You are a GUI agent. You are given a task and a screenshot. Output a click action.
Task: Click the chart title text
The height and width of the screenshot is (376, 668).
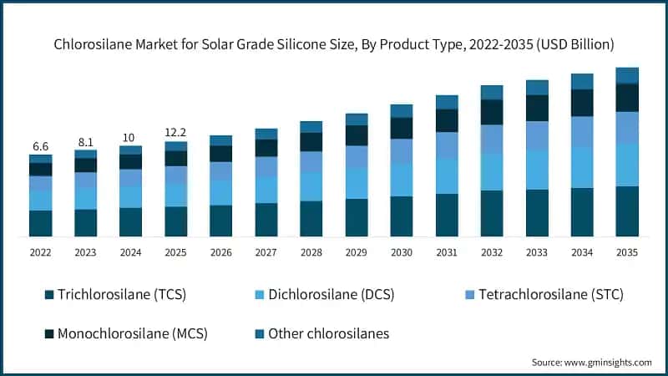(x=334, y=43)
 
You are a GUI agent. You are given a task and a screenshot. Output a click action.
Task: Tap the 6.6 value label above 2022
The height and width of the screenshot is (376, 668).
(x=40, y=146)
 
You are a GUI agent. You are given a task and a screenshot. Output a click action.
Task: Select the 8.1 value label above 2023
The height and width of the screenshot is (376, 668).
(x=85, y=142)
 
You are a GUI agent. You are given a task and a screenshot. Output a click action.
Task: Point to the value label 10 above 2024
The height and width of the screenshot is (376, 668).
(x=130, y=138)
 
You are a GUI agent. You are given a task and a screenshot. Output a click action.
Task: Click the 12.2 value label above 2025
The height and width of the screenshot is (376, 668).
(x=175, y=133)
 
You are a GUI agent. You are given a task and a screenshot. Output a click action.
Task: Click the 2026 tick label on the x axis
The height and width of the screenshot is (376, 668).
(x=220, y=252)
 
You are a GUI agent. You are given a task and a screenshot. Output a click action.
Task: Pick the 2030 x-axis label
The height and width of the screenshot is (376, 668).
(x=401, y=252)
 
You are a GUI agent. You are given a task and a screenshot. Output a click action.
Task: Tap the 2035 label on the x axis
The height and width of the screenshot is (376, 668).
(x=626, y=252)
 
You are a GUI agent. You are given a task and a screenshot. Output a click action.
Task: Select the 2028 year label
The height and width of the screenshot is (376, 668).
(x=311, y=252)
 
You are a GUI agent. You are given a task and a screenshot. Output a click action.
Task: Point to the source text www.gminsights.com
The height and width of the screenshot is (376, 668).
(x=592, y=362)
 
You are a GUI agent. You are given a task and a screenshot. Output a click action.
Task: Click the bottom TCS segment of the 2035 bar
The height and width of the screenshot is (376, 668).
(x=627, y=211)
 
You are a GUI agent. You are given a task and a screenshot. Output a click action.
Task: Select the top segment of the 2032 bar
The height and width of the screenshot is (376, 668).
(x=492, y=92)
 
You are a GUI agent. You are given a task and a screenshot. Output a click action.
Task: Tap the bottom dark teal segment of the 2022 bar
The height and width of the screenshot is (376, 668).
(x=40, y=223)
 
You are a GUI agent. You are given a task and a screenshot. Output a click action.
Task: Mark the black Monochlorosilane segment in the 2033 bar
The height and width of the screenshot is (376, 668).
(x=537, y=108)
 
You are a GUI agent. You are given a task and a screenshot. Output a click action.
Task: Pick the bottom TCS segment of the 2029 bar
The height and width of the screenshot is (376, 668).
(x=357, y=217)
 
